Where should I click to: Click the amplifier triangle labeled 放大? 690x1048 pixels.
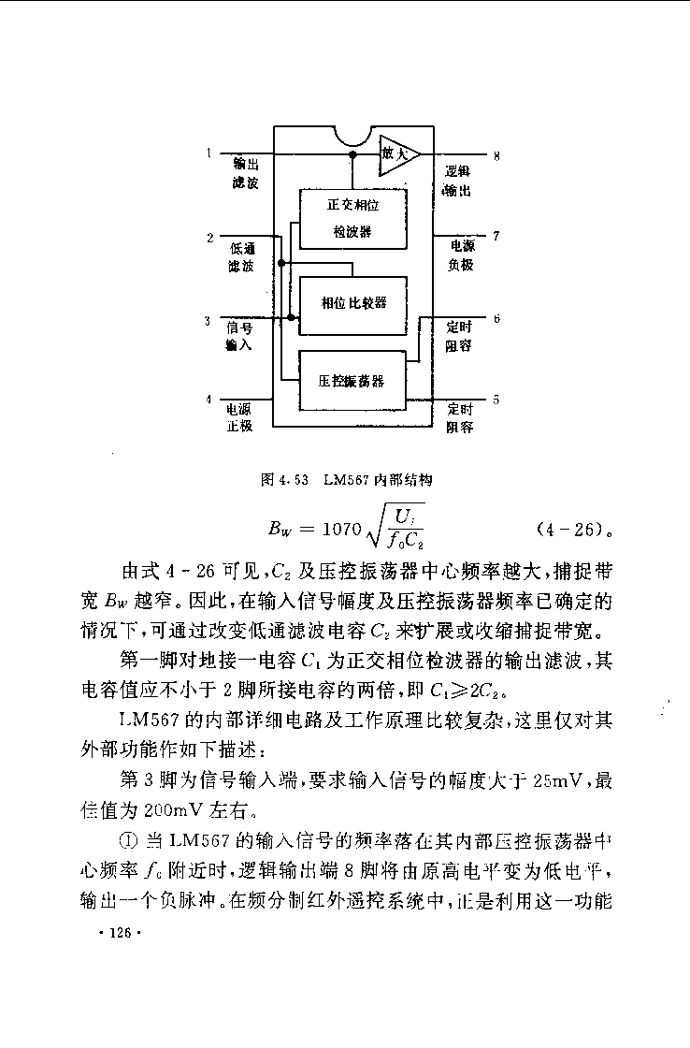(x=399, y=154)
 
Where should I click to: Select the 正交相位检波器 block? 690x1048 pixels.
(x=352, y=219)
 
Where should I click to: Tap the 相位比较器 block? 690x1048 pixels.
(x=352, y=305)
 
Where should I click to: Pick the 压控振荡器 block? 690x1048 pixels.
(x=352, y=380)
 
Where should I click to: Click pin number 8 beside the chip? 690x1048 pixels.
(x=496, y=156)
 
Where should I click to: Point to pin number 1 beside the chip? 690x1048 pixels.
(x=209, y=153)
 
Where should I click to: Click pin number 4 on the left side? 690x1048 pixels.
(x=208, y=399)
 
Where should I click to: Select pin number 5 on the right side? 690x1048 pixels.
(x=496, y=400)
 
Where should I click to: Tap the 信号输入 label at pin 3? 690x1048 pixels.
(x=239, y=336)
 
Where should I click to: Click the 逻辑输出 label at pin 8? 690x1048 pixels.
(x=458, y=182)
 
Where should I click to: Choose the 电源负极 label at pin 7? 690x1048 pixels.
(x=461, y=255)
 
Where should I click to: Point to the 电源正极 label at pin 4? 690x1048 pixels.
(x=238, y=417)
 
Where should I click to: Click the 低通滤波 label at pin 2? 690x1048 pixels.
(x=242, y=257)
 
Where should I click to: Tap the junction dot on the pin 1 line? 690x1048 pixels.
(x=352, y=154)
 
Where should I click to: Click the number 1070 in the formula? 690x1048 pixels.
(x=341, y=529)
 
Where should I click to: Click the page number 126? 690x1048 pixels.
(x=121, y=933)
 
